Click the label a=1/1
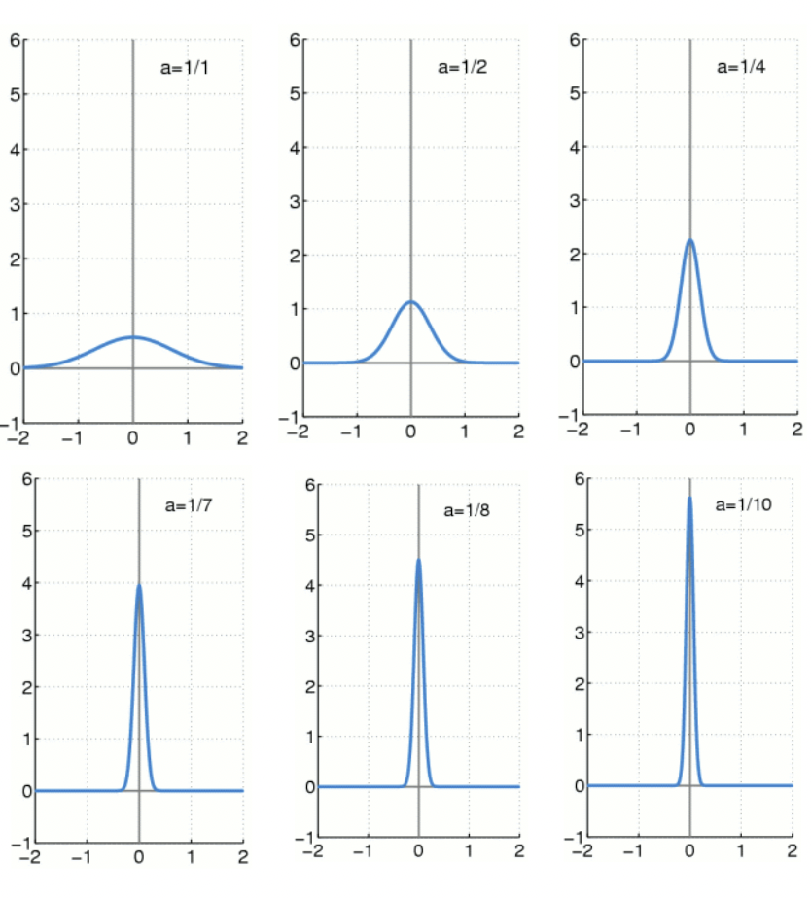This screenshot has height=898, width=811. click(185, 69)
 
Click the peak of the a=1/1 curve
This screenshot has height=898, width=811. click(133, 337)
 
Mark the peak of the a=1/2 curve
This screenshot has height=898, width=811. click(411, 302)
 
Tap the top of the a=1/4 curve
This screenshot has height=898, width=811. click(689, 240)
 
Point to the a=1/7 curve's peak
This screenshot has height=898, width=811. click(139, 586)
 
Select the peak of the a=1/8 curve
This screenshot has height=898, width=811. click(418, 560)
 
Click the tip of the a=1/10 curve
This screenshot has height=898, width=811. click(689, 499)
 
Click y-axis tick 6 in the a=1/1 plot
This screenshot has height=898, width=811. click(15, 41)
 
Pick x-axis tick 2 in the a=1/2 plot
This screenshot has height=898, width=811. click(518, 431)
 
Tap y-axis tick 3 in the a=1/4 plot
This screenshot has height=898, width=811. click(575, 202)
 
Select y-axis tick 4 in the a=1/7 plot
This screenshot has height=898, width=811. click(27, 584)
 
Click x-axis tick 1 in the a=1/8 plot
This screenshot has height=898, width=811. click(469, 851)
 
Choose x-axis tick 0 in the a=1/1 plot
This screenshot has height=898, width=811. click(133, 437)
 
